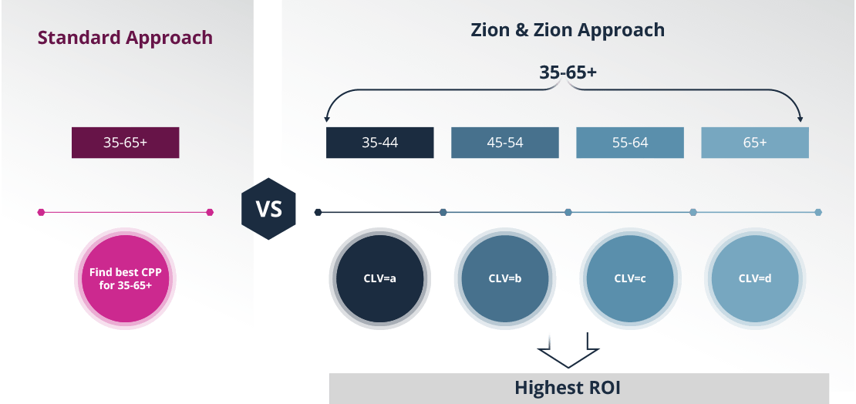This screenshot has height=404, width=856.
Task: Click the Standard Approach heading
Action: [125, 37]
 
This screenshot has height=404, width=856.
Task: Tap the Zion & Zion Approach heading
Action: [568, 30]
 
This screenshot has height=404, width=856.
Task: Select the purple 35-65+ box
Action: [125, 143]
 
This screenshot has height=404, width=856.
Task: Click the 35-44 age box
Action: [380, 143]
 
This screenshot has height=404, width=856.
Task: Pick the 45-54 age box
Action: [505, 143]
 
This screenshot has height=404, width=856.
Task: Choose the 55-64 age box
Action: [630, 143]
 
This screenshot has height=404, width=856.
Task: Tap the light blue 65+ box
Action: [755, 143]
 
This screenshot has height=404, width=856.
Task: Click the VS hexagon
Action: [268, 210]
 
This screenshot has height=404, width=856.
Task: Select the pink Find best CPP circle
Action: [125, 278]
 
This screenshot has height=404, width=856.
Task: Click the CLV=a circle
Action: [379, 278]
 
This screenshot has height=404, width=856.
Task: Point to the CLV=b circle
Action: [504, 278]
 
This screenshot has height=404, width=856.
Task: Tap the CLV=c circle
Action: [629, 278]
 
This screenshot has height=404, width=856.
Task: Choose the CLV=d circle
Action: [755, 278]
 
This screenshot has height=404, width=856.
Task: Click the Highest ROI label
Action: [568, 388]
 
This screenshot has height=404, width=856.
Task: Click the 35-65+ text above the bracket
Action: [568, 72]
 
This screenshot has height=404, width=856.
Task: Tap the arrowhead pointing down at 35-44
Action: [328, 119]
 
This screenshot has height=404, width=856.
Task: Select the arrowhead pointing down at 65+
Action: [800, 119]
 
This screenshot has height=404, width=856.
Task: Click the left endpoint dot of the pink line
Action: [41, 212]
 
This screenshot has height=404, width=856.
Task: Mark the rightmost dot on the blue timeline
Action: [818, 212]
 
